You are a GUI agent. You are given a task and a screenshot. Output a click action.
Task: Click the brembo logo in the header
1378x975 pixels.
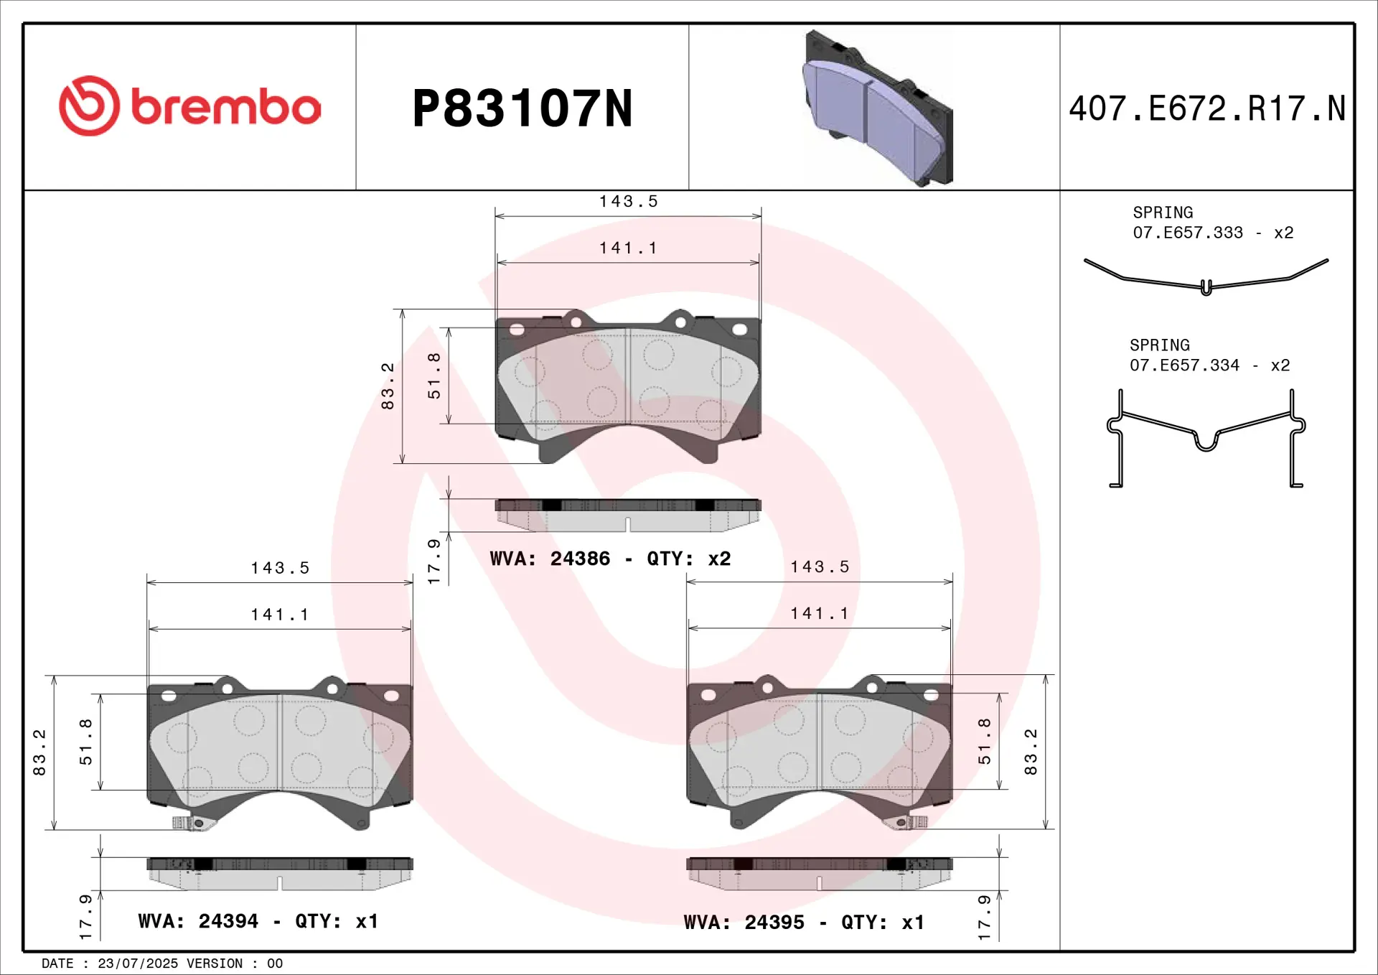pyautogui.click(x=190, y=106)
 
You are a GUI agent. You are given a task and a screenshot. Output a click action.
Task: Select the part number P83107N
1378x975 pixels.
pyautogui.click(x=522, y=108)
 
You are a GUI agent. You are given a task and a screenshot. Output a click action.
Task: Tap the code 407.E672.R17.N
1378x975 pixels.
pyautogui.click(x=1207, y=108)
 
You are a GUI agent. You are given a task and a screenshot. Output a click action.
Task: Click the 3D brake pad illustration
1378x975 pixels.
pyautogui.click(x=877, y=108)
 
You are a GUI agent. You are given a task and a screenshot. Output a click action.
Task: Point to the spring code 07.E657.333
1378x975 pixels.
pyautogui.click(x=1188, y=233)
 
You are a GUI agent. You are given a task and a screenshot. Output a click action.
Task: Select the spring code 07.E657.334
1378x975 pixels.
pyautogui.click(x=1184, y=365)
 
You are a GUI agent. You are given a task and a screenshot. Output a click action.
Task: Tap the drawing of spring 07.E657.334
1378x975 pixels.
pyautogui.click(x=1206, y=439)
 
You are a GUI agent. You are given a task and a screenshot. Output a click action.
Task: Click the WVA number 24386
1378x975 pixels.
pyautogui.click(x=580, y=559)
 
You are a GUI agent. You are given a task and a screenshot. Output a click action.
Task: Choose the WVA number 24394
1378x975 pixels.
pyautogui.click(x=228, y=921)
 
